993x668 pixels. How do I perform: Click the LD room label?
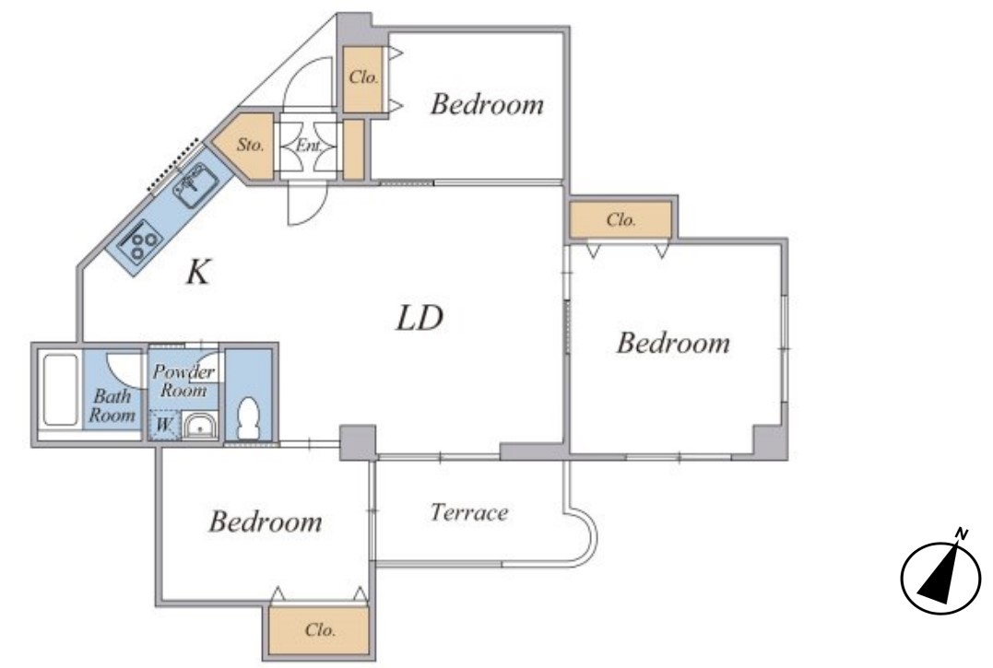pyautogui.click(x=420, y=318)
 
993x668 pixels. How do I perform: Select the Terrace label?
pyautogui.click(x=469, y=511)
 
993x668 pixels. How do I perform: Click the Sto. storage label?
pyautogui.click(x=250, y=145)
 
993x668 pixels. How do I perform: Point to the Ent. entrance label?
pyautogui.click(x=309, y=146)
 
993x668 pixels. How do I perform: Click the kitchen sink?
pyautogui.click(x=196, y=184)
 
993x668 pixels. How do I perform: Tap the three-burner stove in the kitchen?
pyautogui.click(x=140, y=240)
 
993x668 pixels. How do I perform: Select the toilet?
pyautogui.click(x=249, y=416)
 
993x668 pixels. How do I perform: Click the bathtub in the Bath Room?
pyautogui.click(x=60, y=390)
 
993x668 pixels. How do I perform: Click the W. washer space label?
pyautogui.click(x=163, y=425)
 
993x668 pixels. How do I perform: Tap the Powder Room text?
pyautogui.click(x=184, y=381)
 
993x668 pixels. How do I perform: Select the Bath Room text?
pyautogui.click(x=112, y=405)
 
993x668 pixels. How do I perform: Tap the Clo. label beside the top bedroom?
pyautogui.click(x=364, y=77)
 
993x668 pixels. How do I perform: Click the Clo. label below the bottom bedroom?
pyautogui.click(x=320, y=630)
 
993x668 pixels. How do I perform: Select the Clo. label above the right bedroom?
pyautogui.click(x=621, y=220)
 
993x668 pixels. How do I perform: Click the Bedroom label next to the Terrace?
pyautogui.click(x=266, y=522)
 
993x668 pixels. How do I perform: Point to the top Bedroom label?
pyautogui.click(x=487, y=104)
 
